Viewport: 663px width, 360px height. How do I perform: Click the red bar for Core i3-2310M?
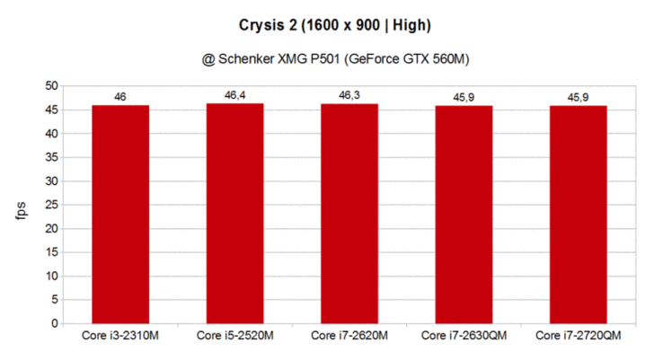coord(120,214)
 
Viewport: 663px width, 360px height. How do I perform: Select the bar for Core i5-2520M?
coord(235,213)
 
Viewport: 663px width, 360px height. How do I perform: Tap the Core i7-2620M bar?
coord(349,213)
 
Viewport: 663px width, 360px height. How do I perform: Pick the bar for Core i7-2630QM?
coord(464,214)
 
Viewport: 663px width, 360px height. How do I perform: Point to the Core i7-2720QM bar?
coord(579,214)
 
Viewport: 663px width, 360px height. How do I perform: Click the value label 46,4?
coord(235,95)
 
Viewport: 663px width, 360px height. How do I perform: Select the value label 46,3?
coord(349,95)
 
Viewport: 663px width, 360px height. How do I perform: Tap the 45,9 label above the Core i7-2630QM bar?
coord(464,97)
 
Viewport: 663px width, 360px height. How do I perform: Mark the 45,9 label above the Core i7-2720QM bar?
coord(579,97)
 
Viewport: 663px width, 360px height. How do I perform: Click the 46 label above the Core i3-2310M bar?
coord(120,96)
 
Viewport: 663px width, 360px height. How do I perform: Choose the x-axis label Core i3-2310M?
coord(120,337)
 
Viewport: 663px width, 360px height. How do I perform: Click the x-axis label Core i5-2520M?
coord(235,337)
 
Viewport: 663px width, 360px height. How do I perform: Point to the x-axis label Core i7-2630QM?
coord(464,337)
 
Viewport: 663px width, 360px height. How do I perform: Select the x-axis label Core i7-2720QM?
coord(579,337)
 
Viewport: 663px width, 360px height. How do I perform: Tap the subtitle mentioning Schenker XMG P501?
coord(331,59)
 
